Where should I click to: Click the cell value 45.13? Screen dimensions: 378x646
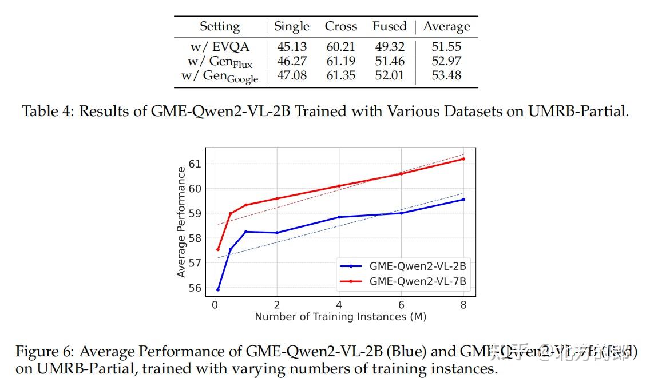[x=292, y=47]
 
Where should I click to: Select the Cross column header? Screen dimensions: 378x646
[x=340, y=26]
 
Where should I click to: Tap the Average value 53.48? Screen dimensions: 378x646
[x=446, y=75]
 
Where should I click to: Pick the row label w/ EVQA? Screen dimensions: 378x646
[x=220, y=47]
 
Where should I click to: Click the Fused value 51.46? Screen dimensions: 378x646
[x=389, y=61]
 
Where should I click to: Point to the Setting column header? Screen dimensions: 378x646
[x=220, y=26]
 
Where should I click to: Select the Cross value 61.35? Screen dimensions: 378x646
[x=340, y=75]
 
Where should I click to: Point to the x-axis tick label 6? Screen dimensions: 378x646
[x=401, y=305]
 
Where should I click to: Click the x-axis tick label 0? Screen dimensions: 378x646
[x=215, y=305]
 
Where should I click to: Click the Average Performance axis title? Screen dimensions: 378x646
[x=181, y=222]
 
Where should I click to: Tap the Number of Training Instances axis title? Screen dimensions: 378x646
[x=340, y=316]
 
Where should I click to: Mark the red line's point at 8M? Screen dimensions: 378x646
[x=463, y=158]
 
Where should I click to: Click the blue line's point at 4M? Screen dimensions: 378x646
[x=339, y=217]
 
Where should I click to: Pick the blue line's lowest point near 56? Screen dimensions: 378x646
[x=218, y=289]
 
